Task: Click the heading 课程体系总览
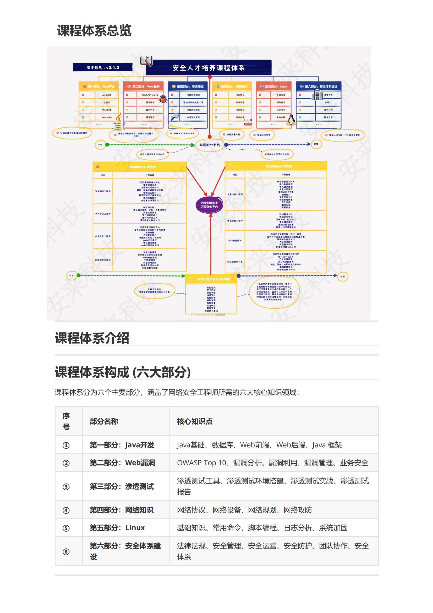pos(94,30)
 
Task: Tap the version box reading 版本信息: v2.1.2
pos(103,67)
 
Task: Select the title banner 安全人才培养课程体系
pos(208,68)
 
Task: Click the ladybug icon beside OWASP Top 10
pos(163,99)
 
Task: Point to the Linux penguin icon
pos(291,120)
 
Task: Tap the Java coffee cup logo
pos(118,122)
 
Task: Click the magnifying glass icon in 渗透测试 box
pos(175,116)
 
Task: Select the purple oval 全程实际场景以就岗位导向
pos(209,204)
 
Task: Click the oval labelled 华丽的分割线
pos(210,145)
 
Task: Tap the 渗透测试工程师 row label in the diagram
pos(103,191)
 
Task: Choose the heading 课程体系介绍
pos(92,338)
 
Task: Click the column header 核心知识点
pos(195,421)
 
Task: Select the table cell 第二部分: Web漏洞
pos(122,463)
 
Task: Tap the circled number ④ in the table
pos(66,510)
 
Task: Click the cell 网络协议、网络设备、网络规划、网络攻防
pos(244,510)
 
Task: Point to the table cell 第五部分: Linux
pos(117,528)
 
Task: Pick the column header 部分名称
pos(104,421)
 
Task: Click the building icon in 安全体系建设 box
pos(317,95)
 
